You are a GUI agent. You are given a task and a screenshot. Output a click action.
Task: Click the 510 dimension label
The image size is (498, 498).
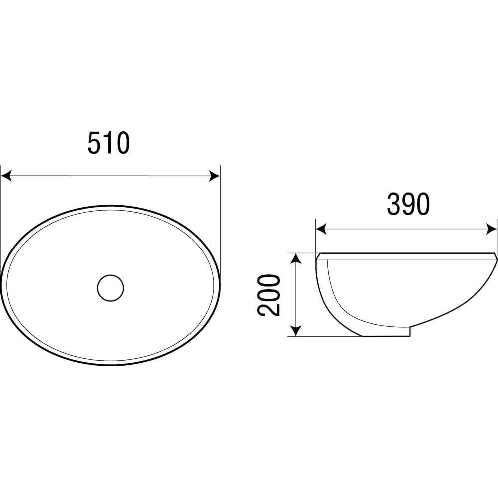click(x=109, y=143)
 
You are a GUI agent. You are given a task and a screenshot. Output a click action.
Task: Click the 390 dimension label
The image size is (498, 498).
click(x=408, y=204)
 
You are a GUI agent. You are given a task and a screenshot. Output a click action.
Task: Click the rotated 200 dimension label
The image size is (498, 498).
click(x=269, y=295)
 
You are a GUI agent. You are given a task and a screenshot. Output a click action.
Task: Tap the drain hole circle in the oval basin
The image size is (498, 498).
click(x=110, y=288)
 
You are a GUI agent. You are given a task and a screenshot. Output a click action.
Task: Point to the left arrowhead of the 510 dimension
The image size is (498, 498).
click(x=6, y=176)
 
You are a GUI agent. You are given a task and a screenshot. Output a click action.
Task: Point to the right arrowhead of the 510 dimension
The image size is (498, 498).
click(x=214, y=176)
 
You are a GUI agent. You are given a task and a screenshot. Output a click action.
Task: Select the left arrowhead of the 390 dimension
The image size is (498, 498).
click(x=321, y=229)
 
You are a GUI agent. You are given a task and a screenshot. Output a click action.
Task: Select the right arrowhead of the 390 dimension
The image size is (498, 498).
click(x=492, y=229)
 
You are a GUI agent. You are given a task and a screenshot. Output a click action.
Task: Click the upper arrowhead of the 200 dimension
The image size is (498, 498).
click(x=296, y=259)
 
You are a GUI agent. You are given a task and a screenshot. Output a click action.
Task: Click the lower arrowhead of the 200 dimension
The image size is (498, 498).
click(x=296, y=330)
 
